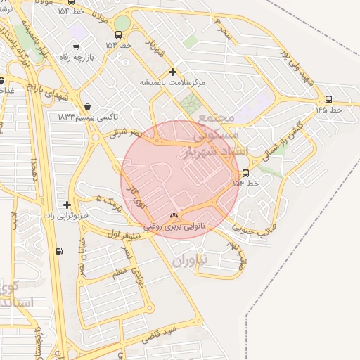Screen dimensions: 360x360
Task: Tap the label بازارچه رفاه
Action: tap(86, 58)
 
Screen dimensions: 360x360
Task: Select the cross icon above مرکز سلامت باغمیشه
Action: tap(173, 72)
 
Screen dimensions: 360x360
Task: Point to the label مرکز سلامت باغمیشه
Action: tap(173, 83)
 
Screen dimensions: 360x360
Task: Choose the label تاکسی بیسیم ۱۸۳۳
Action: tap(87, 114)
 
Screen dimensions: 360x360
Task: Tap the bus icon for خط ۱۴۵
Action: tap(328, 98)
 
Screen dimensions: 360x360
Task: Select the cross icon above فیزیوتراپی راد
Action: tap(67, 205)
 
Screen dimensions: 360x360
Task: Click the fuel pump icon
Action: tap(58, 251)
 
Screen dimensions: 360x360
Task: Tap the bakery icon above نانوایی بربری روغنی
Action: tap(174, 215)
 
